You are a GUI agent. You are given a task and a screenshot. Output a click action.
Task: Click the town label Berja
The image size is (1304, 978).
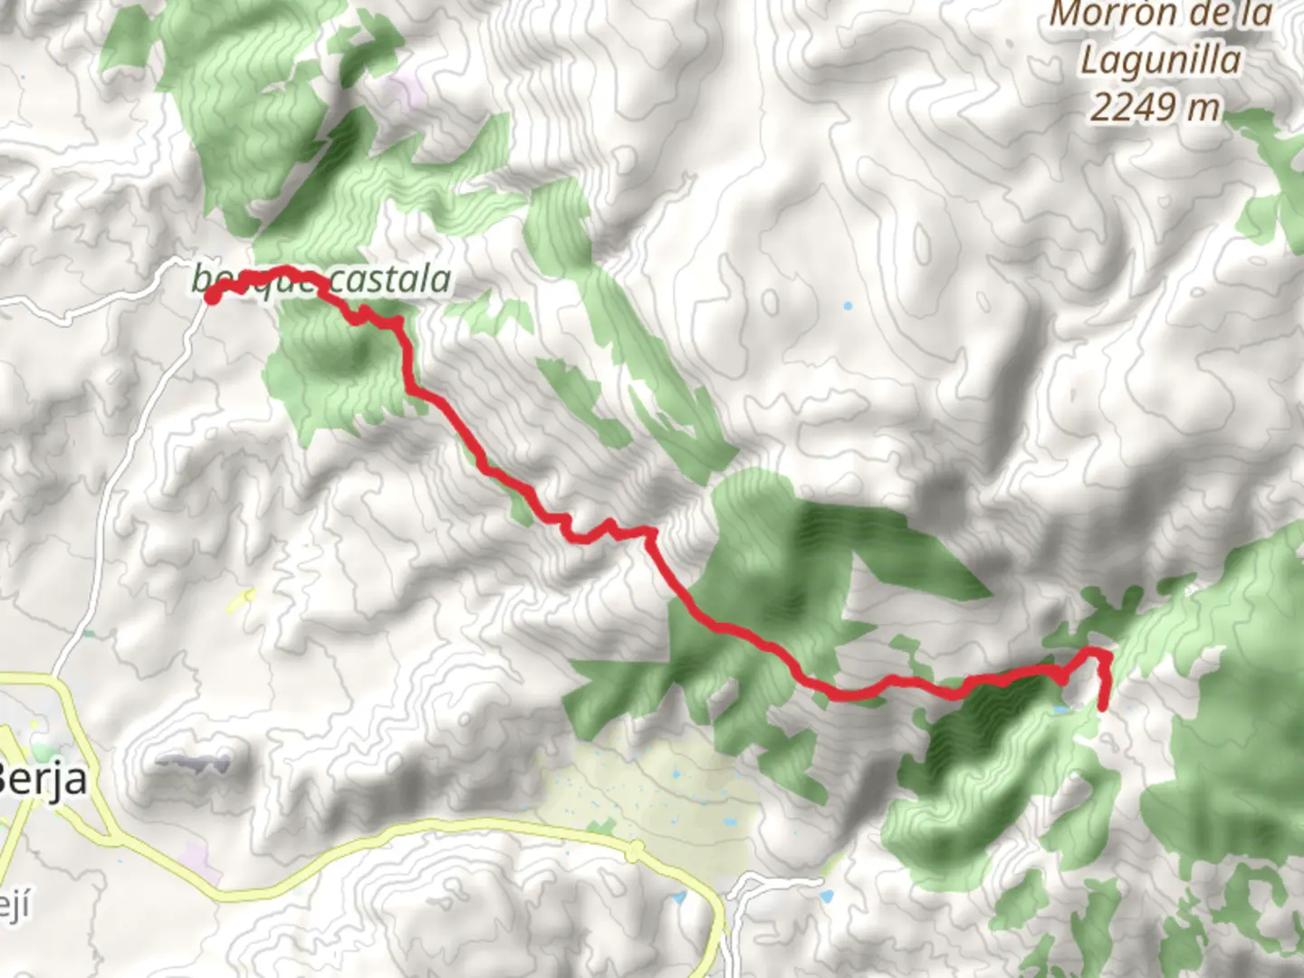(43, 779)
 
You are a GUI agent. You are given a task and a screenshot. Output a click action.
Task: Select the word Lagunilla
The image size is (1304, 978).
(1161, 60)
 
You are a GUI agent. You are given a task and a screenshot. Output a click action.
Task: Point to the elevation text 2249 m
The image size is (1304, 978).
(1155, 108)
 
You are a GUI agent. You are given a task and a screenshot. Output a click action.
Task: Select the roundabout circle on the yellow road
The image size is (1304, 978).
(635, 849)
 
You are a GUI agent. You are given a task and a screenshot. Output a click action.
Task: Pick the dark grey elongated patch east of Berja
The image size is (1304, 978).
(192, 762)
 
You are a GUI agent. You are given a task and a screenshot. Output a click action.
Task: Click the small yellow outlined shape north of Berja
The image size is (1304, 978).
(243, 598)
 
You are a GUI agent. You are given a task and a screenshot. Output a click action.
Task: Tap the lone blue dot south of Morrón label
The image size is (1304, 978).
(848, 306)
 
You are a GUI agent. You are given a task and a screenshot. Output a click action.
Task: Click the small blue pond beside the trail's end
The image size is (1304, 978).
(1058, 709)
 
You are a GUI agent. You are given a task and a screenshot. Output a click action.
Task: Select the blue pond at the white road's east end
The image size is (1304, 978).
(825, 896)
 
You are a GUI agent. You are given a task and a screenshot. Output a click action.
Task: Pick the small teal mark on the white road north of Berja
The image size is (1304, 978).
(89, 634)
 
